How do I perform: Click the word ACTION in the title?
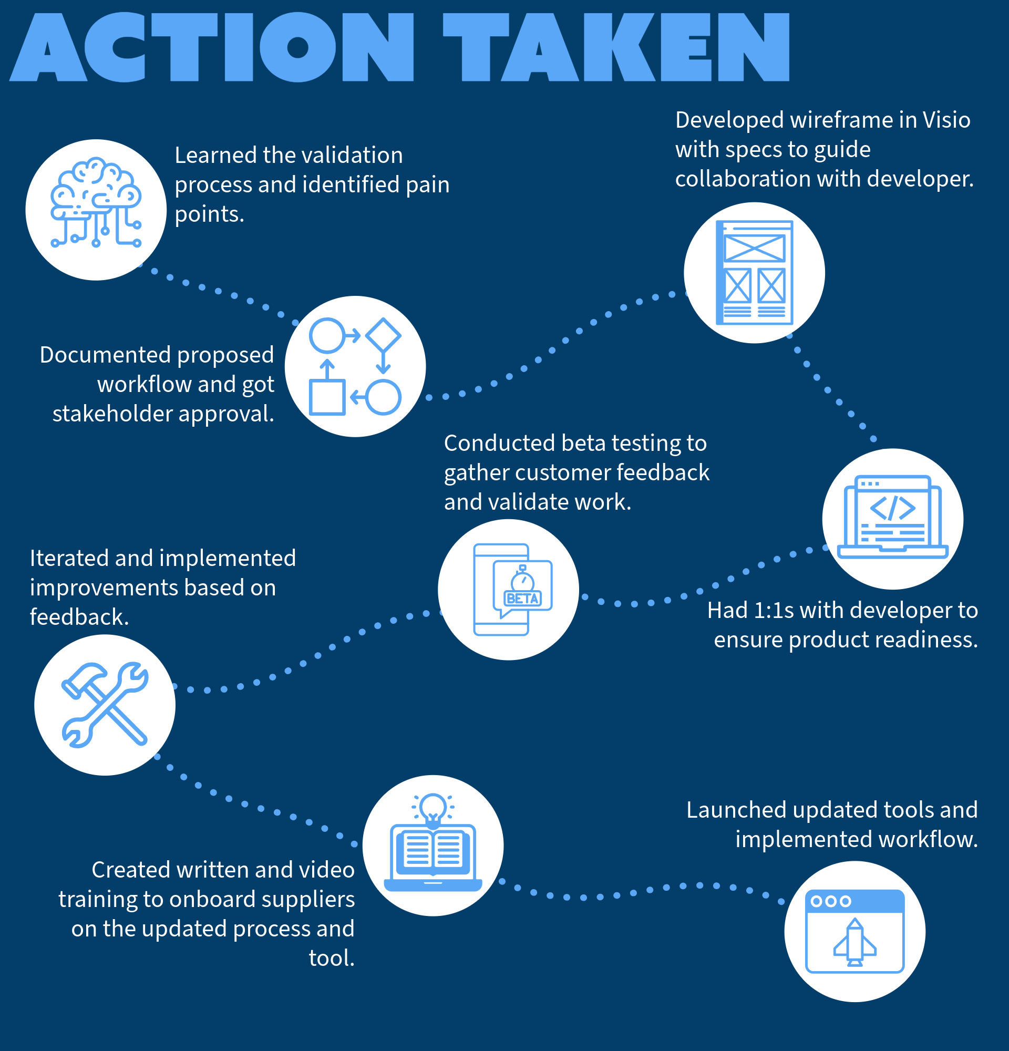coord(212,47)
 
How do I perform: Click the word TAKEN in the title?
coord(616,47)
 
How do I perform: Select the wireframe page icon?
coord(754,272)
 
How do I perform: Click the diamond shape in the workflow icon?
coord(383,336)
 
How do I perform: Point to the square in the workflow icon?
coord(327,397)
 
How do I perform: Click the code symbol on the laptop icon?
coord(892,508)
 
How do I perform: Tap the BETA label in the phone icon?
coord(523,599)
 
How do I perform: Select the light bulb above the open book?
coord(433,807)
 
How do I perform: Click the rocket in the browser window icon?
coord(854,942)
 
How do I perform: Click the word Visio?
coord(946,120)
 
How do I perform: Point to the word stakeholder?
coord(112,414)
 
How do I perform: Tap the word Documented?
coord(105,355)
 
